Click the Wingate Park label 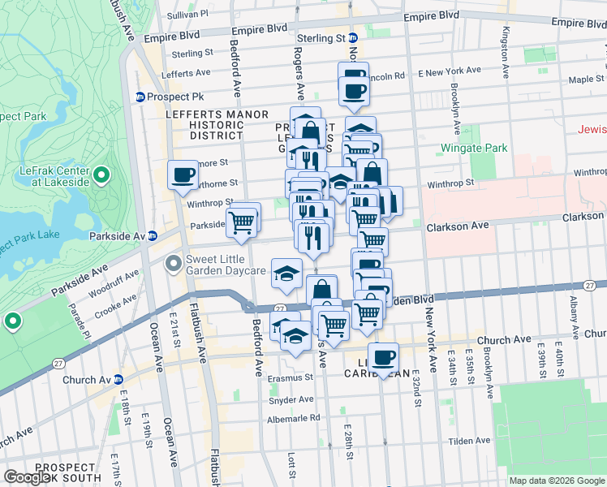[474, 148]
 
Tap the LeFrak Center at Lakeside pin [101, 175]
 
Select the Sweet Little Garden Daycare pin [173, 264]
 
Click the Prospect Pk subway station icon [140, 97]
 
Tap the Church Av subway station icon [118, 379]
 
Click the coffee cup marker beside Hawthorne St [183, 175]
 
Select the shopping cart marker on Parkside [242, 221]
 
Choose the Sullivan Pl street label [187, 14]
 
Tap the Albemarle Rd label [294, 418]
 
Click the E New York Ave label [445, 73]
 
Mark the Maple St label [581, 80]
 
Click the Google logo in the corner [28, 477]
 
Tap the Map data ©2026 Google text [556, 481]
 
